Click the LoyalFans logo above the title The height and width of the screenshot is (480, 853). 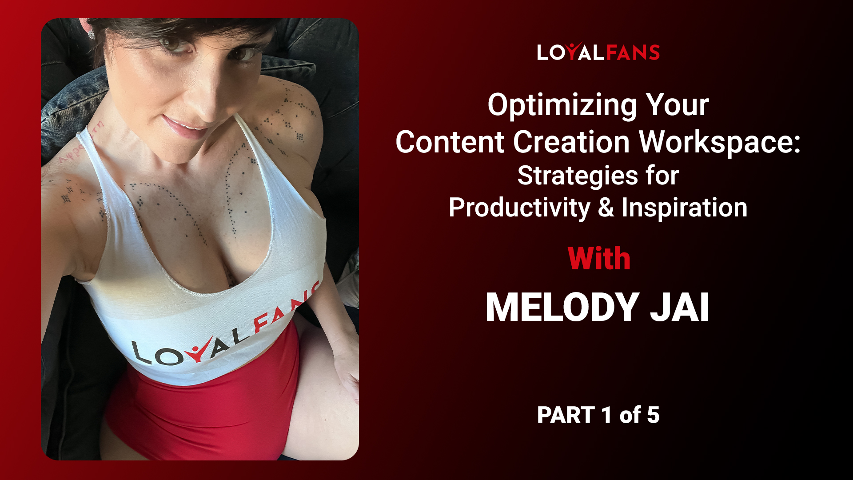(598, 52)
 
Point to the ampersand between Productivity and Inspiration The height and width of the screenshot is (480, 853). (606, 208)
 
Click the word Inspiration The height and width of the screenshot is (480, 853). (684, 208)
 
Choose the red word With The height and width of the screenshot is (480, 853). (599, 259)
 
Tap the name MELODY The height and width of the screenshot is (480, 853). (562, 307)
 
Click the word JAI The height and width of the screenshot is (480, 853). (680, 307)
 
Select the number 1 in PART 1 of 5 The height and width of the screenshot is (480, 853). (606, 415)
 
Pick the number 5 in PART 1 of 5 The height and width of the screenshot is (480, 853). (653, 415)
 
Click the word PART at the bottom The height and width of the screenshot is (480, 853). (566, 415)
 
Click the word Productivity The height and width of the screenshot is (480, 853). (519, 208)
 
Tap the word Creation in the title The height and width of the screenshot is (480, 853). (576, 142)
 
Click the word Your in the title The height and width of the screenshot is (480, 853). (678, 106)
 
